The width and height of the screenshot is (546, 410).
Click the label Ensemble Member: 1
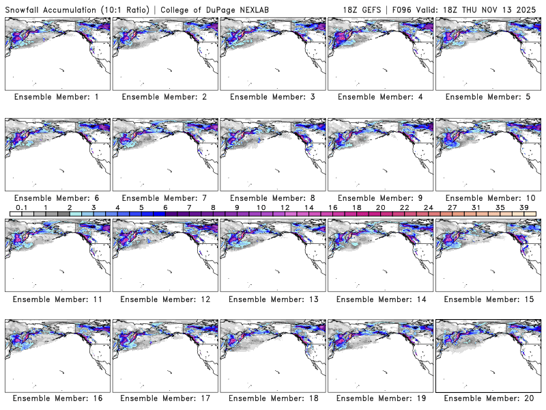pyautogui.click(x=57, y=97)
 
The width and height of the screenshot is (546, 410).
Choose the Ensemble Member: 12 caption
pyautogui.click(x=164, y=299)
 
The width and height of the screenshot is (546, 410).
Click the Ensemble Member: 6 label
pyautogui.click(x=57, y=197)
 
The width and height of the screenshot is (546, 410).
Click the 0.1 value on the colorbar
pyautogui.click(x=21, y=207)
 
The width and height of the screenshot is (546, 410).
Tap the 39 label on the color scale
pyautogui.click(x=523, y=207)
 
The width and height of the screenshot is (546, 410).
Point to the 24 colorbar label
pyautogui.click(x=428, y=207)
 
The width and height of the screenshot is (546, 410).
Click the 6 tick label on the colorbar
pyautogui.click(x=165, y=207)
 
